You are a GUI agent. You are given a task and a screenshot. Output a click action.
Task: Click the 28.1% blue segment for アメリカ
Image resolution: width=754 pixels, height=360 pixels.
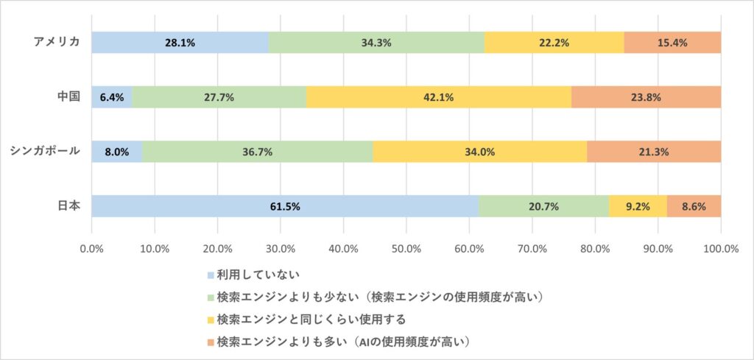(x=180, y=43)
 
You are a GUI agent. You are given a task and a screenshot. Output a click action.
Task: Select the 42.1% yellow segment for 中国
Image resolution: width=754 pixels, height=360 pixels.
(x=438, y=97)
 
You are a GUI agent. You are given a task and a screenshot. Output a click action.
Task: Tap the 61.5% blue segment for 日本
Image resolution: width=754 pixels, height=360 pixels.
(x=285, y=206)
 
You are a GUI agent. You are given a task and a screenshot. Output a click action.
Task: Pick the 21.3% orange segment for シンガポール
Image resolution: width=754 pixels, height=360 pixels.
(x=654, y=152)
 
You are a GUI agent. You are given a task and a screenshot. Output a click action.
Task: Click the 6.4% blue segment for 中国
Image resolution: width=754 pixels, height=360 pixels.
(x=112, y=97)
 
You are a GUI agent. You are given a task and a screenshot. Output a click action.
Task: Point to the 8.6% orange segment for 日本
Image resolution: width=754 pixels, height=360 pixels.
(x=694, y=206)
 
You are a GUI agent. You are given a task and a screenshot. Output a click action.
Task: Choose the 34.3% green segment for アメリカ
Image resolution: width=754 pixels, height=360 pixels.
(x=376, y=43)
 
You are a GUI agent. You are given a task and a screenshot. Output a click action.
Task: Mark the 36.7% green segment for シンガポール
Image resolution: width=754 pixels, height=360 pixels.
(x=257, y=152)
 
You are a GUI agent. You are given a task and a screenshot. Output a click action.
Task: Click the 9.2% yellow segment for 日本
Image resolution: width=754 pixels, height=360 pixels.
(x=638, y=206)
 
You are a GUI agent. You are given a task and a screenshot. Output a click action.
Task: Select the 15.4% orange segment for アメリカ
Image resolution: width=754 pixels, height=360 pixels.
(x=672, y=43)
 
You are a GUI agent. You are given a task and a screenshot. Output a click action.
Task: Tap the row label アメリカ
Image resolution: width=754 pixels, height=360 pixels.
(x=57, y=42)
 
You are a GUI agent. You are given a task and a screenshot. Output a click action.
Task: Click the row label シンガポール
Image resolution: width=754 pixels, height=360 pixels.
(x=45, y=151)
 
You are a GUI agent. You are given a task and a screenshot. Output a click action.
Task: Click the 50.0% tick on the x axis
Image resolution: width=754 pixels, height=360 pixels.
(x=406, y=248)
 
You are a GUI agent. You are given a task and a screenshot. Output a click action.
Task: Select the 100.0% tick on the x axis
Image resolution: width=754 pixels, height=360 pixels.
(x=720, y=248)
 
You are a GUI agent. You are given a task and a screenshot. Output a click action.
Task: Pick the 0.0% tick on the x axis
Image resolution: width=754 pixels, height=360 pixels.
(x=92, y=248)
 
